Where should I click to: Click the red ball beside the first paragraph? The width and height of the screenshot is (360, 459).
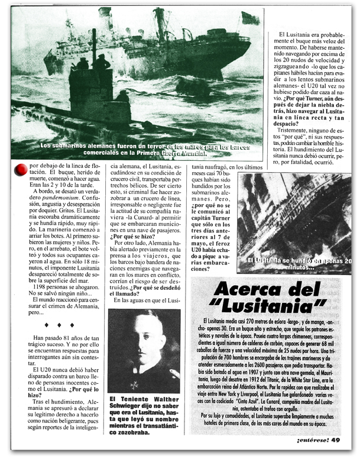click(x=21, y=169)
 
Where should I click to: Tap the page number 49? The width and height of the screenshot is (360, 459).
click(x=336, y=439)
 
